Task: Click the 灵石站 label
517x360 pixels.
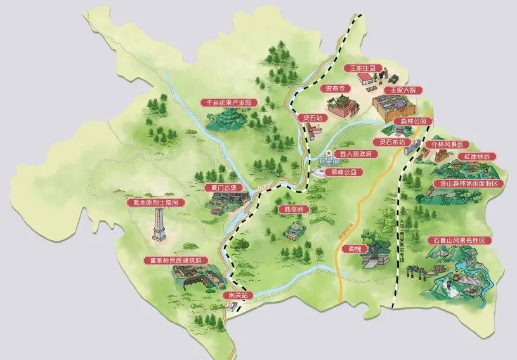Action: point(312,118)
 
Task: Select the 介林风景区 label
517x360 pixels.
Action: point(449,145)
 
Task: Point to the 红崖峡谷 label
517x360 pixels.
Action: point(480,156)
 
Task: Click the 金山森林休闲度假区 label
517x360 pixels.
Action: point(468,184)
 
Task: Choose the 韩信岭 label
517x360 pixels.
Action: point(292,209)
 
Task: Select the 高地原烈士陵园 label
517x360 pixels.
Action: point(156,203)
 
